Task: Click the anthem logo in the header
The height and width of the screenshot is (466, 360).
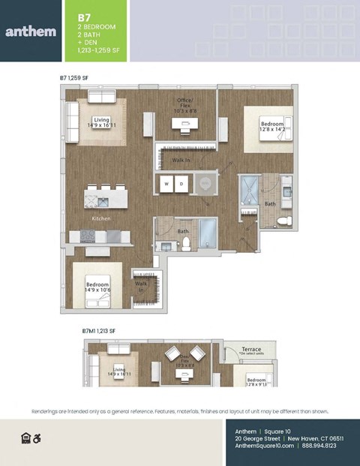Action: pos(29,31)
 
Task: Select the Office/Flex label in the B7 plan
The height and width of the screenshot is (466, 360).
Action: pos(183,106)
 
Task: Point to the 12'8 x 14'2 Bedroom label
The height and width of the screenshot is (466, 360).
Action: pos(272,127)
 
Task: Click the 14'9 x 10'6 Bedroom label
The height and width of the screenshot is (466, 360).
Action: pos(98,287)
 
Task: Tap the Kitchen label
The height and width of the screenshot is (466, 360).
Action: pos(101,218)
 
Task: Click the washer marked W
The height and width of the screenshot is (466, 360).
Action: pos(166,182)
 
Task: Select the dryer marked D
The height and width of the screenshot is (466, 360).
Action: pos(181,182)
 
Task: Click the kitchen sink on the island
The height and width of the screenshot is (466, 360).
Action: pos(93,201)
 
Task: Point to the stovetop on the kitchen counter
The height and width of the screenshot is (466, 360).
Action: pos(88,236)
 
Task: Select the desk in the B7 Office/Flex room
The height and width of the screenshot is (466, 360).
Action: pos(183,126)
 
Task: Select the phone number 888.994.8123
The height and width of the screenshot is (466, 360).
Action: pos(319,446)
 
